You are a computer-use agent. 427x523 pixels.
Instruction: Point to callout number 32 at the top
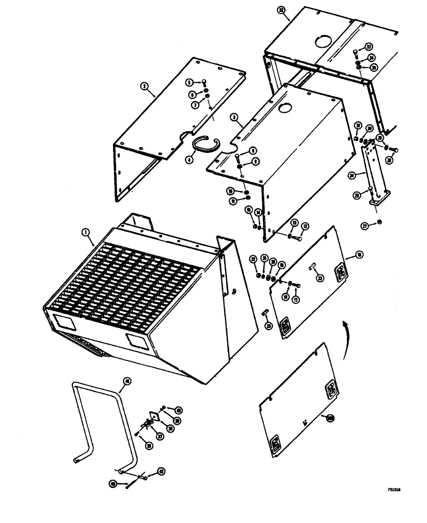[282, 11]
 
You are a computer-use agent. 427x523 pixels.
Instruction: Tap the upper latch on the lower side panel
[332, 389]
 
